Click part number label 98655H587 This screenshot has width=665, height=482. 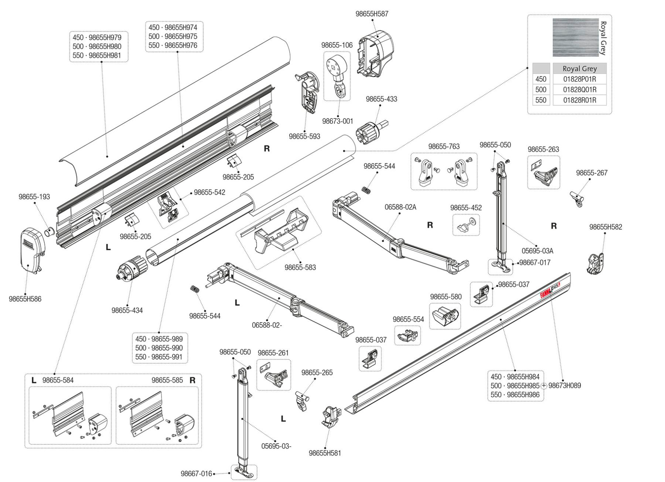pos(372,14)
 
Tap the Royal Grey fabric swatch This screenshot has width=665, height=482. pos(576,37)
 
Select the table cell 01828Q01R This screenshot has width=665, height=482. pos(579,90)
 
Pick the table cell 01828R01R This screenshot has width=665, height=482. pos(579,100)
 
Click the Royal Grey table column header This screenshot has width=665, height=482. pos(579,69)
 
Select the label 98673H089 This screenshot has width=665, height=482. pos(565,386)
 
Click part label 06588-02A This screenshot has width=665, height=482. pos(400,207)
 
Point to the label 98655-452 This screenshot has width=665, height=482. pos(466,208)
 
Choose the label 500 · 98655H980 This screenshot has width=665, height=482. pos(97,47)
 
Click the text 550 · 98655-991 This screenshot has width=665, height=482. pos(159,357)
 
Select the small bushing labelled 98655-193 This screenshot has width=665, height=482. pos(50,232)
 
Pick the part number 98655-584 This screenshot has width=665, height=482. pos(58,380)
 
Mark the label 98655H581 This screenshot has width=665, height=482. pos(325,453)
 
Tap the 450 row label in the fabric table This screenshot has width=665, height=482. pos(541,79)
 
